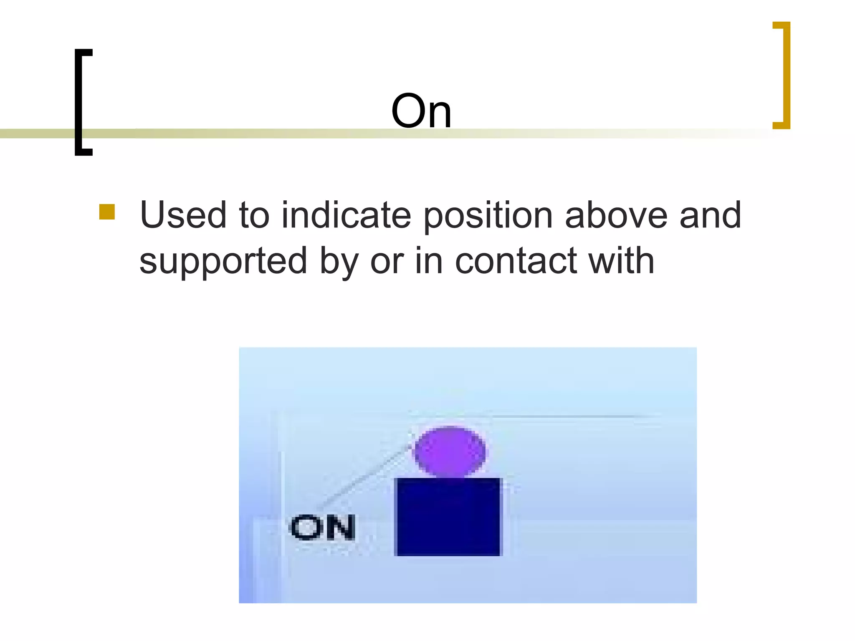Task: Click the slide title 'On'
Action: coord(421,111)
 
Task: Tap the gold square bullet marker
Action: coord(107,212)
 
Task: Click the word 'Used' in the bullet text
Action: coord(183,215)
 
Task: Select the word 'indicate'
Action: coord(346,215)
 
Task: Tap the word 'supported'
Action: coord(223,262)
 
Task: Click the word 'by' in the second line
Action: coord(339,262)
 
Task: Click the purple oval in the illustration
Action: coord(449,452)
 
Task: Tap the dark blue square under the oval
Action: coord(447,517)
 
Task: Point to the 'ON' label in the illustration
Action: coord(322,527)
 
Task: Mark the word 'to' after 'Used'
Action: coord(254,215)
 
